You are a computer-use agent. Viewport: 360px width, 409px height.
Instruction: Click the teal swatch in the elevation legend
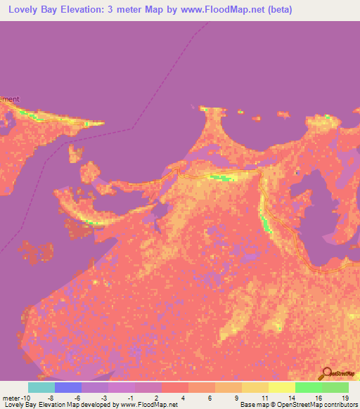pos(41,387)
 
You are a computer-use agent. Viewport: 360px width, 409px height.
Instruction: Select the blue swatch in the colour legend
pos(68,387)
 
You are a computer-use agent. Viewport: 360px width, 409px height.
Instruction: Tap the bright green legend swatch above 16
pos(309,387)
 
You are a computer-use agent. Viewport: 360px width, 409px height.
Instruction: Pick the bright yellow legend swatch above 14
pos(282,387)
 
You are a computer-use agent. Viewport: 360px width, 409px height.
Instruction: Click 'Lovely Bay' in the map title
pos(34,10)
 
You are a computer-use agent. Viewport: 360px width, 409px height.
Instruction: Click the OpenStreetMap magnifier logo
pos(328,373)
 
